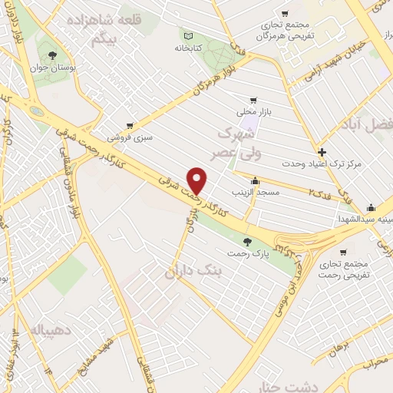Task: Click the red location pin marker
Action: point(197,180)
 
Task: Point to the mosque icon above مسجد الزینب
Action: point(255,181)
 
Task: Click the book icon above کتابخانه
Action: point(187,34)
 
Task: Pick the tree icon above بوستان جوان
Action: point(52,54)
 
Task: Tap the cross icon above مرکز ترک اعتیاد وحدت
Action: point(322,152)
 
